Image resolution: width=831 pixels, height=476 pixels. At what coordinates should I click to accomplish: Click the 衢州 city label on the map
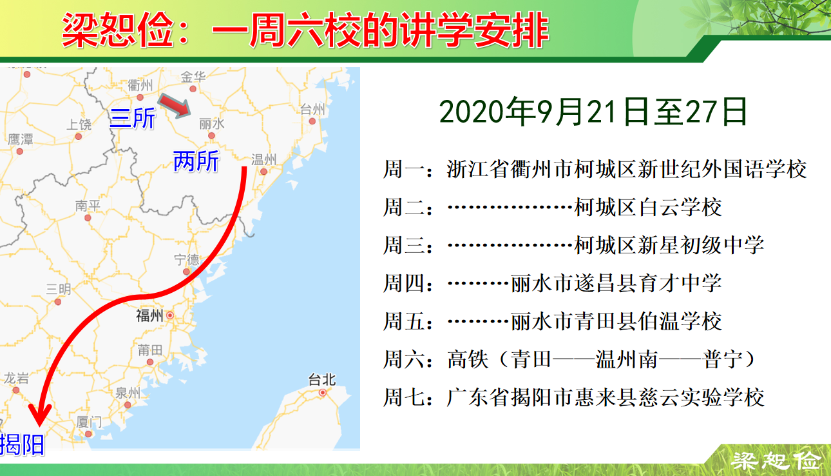coord(140,86)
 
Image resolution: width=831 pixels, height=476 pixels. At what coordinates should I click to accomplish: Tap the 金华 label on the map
coord(193,77)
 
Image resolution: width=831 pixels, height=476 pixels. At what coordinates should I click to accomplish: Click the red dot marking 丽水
coord(211,135)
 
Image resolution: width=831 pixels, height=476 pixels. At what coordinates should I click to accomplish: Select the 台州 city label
coord(312,109)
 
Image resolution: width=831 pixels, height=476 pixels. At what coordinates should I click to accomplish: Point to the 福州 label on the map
coord(149,315)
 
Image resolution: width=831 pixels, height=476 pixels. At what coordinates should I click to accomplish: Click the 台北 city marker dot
coord(322,392)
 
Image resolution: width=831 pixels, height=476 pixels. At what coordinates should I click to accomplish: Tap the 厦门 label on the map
coord(89,422)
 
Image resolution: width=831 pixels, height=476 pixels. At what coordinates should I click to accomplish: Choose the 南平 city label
coord(88,206)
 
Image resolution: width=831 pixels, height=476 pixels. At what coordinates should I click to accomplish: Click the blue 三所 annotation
coord(133,118)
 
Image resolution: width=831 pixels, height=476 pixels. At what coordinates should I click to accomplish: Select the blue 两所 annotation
coord(196,161)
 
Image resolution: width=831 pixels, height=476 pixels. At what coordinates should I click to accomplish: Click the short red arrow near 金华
coord(175,106)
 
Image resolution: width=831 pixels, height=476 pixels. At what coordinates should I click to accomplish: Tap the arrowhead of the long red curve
coord(40,414)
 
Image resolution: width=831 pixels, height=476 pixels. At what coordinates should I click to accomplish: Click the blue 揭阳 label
coord(23,444)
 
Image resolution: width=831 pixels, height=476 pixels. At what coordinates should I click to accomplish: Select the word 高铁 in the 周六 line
coord(468,359)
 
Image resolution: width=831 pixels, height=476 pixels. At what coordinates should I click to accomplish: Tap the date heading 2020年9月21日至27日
coord(593,112)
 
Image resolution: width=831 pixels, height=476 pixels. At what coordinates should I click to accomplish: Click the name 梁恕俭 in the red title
coord(117,30)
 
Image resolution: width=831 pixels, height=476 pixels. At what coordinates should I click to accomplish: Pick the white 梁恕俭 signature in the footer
coord(776,461)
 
